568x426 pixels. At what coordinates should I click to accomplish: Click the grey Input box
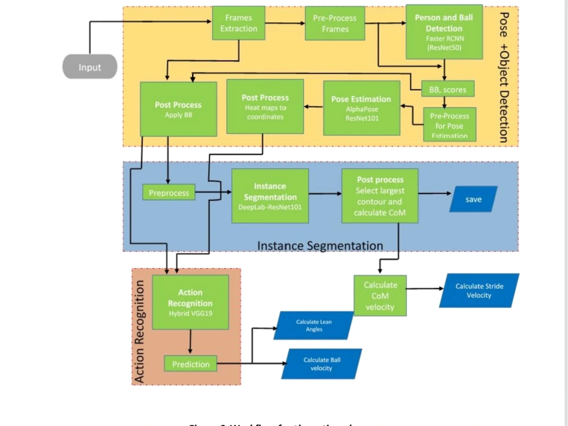[x=89, y=67]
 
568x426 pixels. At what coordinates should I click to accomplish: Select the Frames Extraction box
[x=239, y=23]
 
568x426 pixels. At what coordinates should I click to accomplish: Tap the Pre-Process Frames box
[x=335, y=23]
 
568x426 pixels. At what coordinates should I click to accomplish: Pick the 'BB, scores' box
[x=448, y=89]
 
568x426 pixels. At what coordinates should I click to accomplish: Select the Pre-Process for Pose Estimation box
[x=449, y=124]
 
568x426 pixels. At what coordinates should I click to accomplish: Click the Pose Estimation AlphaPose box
[x=361, y=108]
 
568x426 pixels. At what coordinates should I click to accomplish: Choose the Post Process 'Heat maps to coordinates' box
[x=265, y=106]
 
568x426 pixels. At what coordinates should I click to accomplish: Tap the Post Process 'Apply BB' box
[x=178, y=109]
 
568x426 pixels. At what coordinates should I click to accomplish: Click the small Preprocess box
[x=169, y=193]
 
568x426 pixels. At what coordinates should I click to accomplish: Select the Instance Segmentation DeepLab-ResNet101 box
[x=270, y=195]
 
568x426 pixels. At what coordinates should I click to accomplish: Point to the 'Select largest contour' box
[x=379, y=195]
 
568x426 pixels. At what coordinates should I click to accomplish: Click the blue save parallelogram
[x=473, y=199]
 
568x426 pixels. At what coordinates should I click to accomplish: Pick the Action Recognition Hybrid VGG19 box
[x=190, y=302]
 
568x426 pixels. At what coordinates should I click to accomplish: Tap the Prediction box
[x=190, y=364]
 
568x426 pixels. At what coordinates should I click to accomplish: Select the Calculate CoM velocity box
[x=380, y=296]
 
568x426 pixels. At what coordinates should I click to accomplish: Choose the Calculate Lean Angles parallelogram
[x=314, y=325]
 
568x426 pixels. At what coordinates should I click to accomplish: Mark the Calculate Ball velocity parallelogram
[x=321, y=364]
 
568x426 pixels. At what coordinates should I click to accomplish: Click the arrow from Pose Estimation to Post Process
[x=314, y=106]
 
